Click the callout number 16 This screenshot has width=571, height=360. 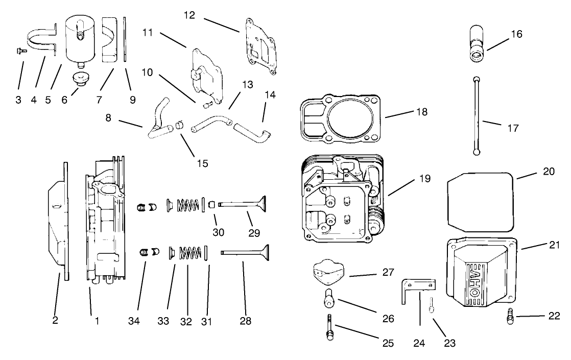tap(516, 34)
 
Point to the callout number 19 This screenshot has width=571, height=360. tap(425, 179)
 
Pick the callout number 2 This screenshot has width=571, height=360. tap(55, 321)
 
